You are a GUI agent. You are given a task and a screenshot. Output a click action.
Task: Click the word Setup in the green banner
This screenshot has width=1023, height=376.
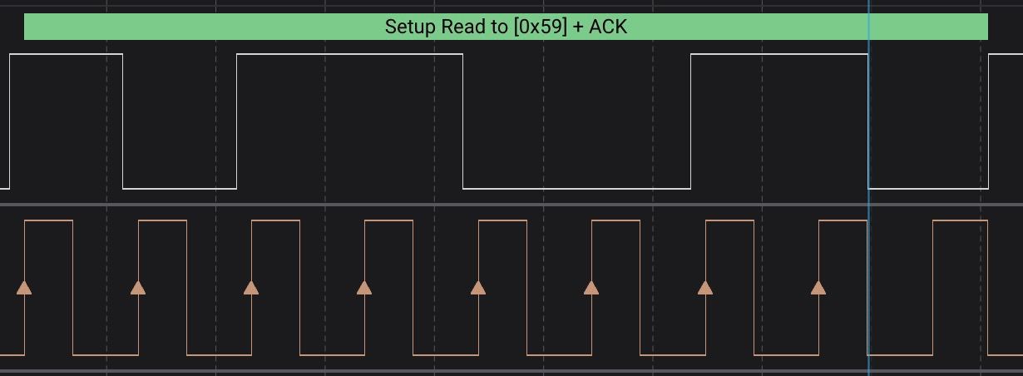click(x=411, y=27)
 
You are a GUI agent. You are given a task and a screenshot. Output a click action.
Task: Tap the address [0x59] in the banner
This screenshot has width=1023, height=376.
click(x=541, y=27)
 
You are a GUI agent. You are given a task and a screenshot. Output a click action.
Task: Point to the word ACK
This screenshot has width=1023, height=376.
click(x=608, y=27)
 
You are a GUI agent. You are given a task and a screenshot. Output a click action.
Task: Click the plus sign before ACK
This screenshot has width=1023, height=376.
click(x=578, y=27)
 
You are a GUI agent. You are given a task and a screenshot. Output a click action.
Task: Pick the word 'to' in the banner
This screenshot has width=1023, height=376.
click(x=500, y=27)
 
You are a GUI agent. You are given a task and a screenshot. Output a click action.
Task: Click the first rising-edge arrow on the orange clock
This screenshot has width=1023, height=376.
click(x=24, y=288)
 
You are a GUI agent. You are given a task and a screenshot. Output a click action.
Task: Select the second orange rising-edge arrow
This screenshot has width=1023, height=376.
click(x=138, y=288)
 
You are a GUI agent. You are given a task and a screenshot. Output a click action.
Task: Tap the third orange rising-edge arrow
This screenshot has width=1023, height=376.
click(x=251, y=288)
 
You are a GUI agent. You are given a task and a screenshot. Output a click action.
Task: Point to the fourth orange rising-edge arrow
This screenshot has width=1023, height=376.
click(x=364, y=288)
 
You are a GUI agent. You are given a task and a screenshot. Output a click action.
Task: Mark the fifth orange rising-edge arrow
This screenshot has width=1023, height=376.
click(x=478, y=288)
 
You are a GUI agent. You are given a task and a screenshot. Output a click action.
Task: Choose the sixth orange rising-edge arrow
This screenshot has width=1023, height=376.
click(x=591, y=288)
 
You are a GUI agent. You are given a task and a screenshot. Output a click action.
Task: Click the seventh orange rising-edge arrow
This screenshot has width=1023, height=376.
click(x=705, y=288)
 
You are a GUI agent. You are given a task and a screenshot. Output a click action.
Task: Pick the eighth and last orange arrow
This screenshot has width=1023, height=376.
click(x=818, y=288)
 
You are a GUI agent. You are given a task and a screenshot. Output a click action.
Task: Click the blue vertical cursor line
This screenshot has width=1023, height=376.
click(x=868, y=188)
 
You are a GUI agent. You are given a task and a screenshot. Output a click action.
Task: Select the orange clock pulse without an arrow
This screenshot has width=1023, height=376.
click(x=960, y=220)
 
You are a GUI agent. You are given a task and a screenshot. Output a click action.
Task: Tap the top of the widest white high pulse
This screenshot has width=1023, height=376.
click(x=350, y=54)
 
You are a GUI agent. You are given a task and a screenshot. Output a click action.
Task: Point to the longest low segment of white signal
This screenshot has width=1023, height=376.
click(x=577, y=188)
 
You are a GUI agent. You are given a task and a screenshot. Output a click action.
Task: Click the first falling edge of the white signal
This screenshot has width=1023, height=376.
click(x=123, y=121)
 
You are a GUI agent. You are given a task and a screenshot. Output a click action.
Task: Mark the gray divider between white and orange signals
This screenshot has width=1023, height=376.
click(x=511, y=205)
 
